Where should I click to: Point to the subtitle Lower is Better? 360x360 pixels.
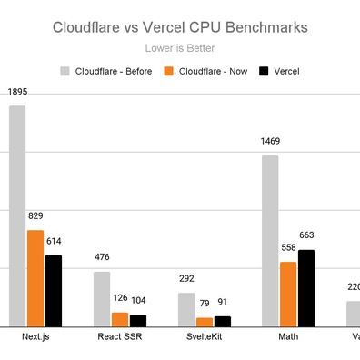(179, 49)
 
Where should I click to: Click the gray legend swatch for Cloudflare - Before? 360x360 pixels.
(65, 70)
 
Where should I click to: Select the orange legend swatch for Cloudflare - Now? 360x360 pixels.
(167, 70)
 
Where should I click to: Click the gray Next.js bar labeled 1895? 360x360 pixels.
(17, 215)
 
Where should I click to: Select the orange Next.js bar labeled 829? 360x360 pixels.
(35, 278)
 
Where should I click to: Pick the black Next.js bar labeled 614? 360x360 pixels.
(54, 290)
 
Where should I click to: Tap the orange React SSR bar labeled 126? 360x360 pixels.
(120, 319)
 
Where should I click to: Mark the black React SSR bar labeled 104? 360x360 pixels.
(138, 320)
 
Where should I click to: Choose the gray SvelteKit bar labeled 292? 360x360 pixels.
(186, 309)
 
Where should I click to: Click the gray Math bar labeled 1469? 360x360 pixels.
(270, 240)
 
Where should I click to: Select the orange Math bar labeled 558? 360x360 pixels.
(288, 294)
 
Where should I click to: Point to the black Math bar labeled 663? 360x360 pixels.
(306, 287)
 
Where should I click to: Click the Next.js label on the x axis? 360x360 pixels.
(35, 338)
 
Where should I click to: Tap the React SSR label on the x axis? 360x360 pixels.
(120, 338)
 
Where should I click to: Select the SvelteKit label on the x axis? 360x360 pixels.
(205, 338)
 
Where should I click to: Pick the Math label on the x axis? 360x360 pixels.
(288, 338)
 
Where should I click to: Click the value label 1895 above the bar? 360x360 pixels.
(17, 92)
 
